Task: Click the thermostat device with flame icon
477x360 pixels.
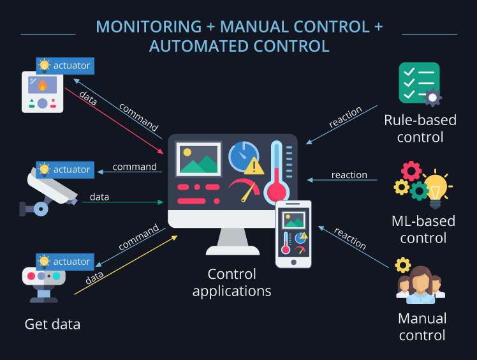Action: (x=43, y=92)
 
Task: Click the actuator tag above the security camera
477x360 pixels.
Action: (x=65, y=170)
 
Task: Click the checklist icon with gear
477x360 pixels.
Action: (x=420, y=84)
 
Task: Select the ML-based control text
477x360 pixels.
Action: (x=423, y=230)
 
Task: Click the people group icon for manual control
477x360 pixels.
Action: (x=420, y=285)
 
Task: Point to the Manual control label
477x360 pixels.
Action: (x=422, y=326)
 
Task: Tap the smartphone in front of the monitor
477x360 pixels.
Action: (x=293, y=234)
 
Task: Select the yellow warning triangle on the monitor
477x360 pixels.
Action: (x=254, y=166)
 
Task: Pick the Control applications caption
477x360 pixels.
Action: (x=232, y=283)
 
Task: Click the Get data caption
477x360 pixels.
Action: (x=52, y=324)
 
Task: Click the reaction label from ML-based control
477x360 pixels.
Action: (x=349, y=175)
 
